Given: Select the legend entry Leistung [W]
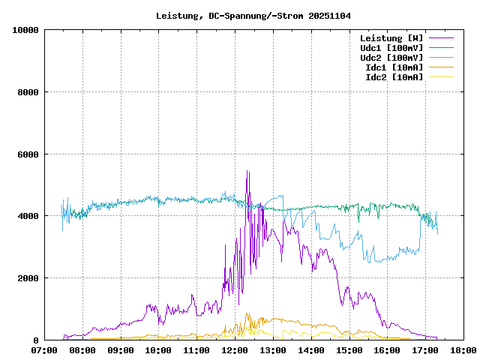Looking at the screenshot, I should [391, 37].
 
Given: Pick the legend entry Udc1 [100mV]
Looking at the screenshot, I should [391, 47].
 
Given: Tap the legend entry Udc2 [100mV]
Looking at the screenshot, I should [391, 57].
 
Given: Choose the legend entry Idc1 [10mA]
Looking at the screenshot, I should [394, 67].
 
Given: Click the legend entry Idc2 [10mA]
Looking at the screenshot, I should [394, 76].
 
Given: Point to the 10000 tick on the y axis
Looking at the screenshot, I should [25, 30].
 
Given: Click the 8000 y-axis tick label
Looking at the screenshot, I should [28, 92].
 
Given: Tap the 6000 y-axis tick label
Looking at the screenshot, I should [28, 154].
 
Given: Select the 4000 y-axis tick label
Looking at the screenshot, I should [28, 216].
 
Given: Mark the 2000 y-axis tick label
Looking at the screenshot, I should [28, 278].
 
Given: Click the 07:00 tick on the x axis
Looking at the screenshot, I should [44, 349].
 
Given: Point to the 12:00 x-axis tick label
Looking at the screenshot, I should [235, 349].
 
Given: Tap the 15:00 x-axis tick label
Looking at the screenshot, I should [349, 349].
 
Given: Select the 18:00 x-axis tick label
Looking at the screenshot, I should [463, 349].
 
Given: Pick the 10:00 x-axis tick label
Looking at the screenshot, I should [158, 349].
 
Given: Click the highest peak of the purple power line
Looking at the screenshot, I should [247, 172].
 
